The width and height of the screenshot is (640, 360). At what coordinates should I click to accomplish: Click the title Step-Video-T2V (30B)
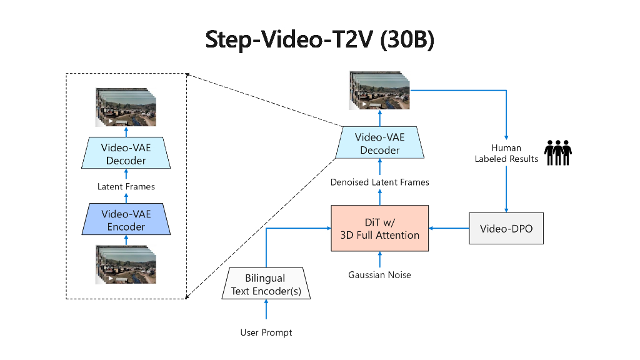tap(320, 39)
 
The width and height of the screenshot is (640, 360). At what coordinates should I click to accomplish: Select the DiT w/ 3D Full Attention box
tap(379, 228)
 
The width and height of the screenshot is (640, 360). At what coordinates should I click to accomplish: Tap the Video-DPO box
tap(506, 228)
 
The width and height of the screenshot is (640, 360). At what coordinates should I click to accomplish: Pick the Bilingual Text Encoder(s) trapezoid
tap(266, 284)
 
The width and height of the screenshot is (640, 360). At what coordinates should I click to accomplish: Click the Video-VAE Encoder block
tap(126, 219)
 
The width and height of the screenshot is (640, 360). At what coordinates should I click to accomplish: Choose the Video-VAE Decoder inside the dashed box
tap(126, 153)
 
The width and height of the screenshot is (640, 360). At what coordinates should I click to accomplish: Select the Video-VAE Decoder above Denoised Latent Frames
tap(379, 143)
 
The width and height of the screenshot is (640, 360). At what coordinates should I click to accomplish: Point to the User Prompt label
tap(266, 332)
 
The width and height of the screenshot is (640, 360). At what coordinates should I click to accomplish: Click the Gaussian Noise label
tap(379, 275)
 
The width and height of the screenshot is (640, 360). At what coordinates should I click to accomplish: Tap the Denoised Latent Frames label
tap(379, 182)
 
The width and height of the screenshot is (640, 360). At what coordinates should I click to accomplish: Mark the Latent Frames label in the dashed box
tap(126, 186)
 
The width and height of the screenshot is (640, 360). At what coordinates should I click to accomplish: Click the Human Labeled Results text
tap(506, 153)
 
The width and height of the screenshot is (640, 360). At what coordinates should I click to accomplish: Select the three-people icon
tap(558, 152)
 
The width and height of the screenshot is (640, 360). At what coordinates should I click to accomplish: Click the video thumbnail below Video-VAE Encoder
tap(126, 264)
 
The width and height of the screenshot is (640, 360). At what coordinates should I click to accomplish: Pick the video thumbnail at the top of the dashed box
tap(126, 107)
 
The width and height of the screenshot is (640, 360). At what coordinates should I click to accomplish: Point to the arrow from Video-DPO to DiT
tap(449, 228)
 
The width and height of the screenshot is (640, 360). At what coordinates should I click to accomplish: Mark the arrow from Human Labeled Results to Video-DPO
tap(506, 191)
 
